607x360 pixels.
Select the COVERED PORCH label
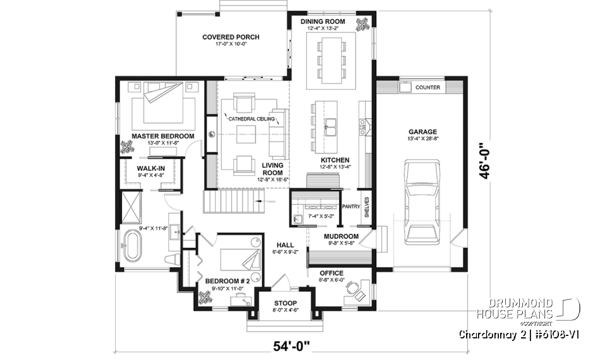231,37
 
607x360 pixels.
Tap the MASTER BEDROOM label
162,136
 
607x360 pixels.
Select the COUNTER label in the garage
428,88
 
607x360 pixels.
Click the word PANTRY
350,206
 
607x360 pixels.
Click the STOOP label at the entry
283,303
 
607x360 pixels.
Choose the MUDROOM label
342,237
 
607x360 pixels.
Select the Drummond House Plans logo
537,308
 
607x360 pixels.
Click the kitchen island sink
331,123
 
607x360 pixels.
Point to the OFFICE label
331,273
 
